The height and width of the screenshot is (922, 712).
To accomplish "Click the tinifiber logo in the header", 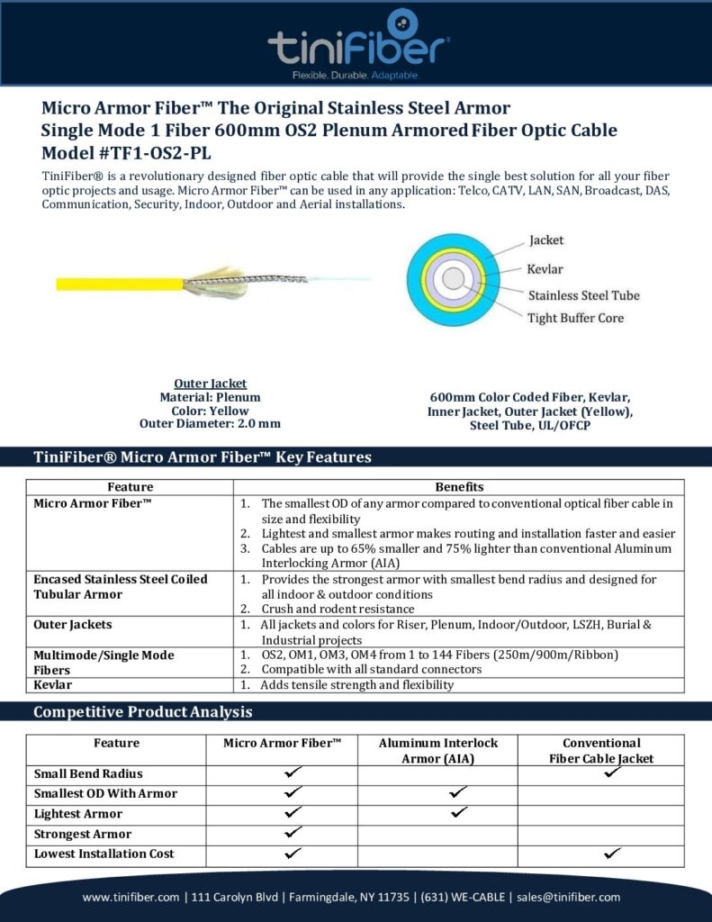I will pos(359,41).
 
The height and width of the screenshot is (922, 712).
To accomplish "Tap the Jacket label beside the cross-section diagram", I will pos(546,240).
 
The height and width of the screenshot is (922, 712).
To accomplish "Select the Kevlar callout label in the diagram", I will pos(545,268).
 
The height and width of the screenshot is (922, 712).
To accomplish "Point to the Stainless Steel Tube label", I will pos(583,294).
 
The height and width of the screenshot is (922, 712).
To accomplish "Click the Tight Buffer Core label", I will pos(575,317).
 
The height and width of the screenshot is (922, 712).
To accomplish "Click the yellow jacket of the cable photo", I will pos(117,284).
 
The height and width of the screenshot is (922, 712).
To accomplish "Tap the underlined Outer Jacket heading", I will pos(210,384).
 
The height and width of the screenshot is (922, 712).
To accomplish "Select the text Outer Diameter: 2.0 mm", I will pos(210,423).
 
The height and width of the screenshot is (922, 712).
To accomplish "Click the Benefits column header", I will pos(459,486).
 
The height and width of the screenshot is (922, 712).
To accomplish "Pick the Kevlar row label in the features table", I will pos(52,685).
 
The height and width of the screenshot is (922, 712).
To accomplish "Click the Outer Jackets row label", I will pos(75,624).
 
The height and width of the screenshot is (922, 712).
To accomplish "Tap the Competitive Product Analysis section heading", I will pos(142,712).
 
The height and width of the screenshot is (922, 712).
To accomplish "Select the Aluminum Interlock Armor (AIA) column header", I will pos(437,750).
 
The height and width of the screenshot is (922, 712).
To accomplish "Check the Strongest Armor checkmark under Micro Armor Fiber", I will pos(292,834).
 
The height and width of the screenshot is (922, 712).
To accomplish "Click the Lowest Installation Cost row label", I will pos(104,854).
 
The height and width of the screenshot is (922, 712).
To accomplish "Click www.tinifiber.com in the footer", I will pos(131,897).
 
